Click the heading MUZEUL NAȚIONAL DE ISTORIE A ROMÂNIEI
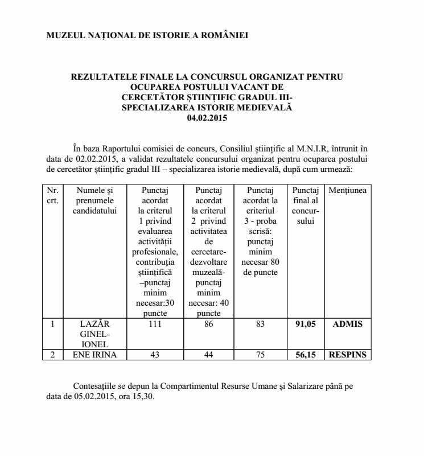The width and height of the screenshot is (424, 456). (x=147, y=35)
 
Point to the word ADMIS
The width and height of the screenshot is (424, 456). (x=347, y=324)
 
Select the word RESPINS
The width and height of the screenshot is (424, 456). (x=347, y=355)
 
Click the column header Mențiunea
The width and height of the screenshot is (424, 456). (x=347, y=190)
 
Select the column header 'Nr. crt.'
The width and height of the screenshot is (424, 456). (x=52, y=195)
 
